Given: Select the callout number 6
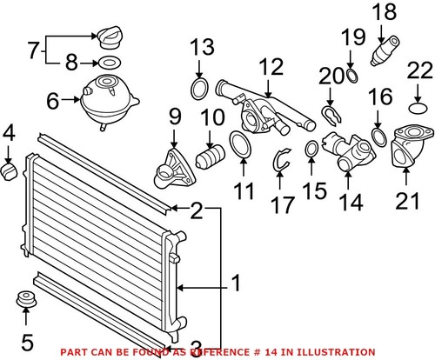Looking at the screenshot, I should click(x=52, y=103).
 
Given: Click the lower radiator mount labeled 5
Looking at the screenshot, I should click(x=27, y=307).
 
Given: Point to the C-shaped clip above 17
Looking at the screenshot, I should click(x=280, y=158).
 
